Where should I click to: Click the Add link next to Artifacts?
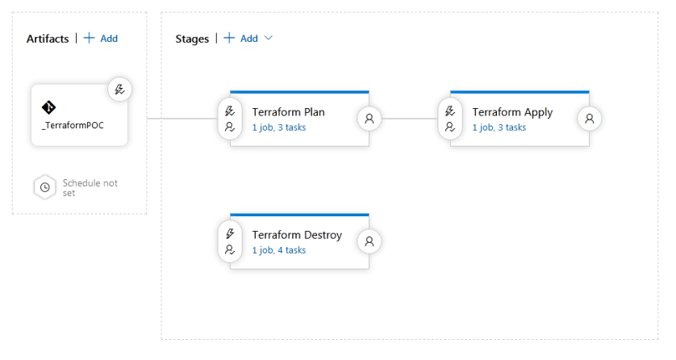(102, 39)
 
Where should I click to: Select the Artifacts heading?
(48, 39)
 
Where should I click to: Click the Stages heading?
(192, 39)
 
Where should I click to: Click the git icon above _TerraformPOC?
(49, 108)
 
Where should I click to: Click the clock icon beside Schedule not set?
(45, 187)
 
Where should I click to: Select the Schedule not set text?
(90, 187)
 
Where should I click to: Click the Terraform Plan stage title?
(288, 112)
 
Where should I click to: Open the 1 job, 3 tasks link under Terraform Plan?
(278, 128)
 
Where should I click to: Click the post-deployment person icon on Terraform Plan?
(369, 118)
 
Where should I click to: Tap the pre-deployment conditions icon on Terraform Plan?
(229, 118)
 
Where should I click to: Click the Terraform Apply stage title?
(512, 112)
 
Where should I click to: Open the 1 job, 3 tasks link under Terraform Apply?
(499, 128)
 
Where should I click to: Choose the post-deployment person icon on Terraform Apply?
(589, 118)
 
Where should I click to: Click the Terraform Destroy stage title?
(297, 235)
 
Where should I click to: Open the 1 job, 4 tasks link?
(278, 250)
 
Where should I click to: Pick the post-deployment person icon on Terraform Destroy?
(369, 241)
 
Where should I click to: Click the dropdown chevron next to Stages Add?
(269, 39)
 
